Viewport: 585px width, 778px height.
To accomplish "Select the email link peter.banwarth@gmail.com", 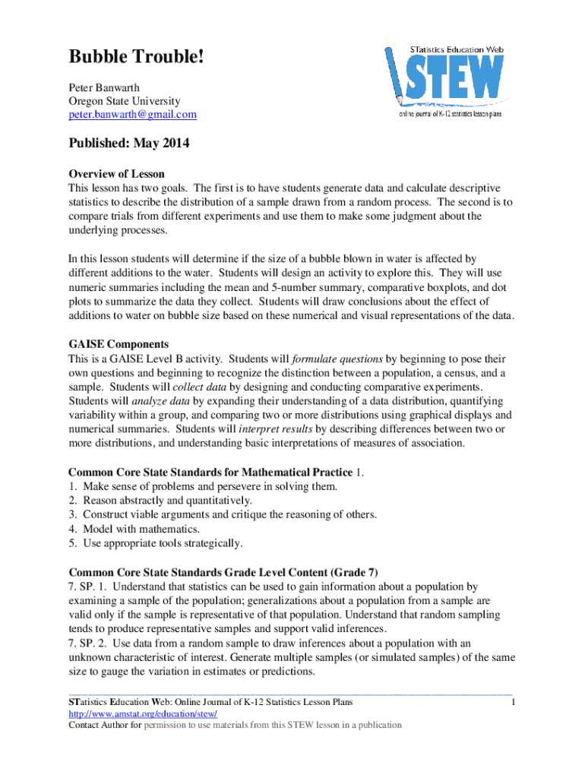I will (x=132, y=115).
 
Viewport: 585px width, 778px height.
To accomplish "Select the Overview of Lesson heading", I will (x=116, y=174).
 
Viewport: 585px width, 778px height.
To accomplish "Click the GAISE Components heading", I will (x=119, y=343).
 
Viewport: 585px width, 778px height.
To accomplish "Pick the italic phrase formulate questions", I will (x=337, y=358).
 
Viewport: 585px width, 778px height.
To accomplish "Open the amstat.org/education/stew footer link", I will (x=143, y=714).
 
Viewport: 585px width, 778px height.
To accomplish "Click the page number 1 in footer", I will (x=514, y=704).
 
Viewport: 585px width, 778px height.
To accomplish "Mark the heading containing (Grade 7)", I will (x=223, y=571).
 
